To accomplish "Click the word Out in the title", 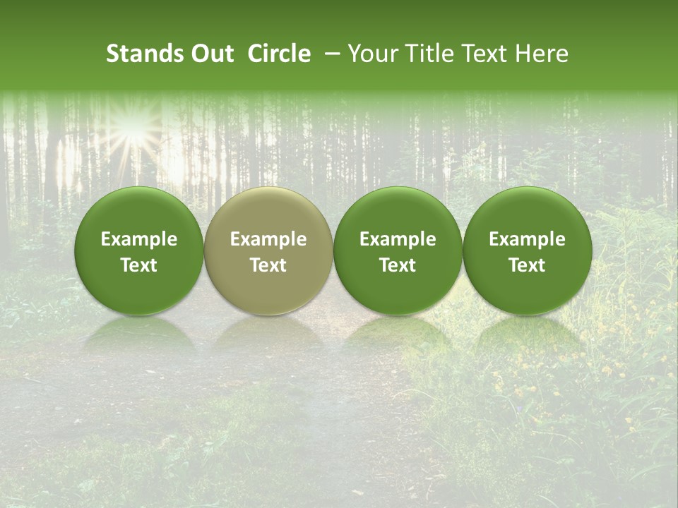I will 210,54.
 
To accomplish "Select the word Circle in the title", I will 279,54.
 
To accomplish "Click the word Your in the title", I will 372,54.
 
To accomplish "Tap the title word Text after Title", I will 481,54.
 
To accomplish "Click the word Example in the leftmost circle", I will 139,239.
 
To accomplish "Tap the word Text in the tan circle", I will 268,265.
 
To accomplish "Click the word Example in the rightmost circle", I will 528,239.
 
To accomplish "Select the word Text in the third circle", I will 398,265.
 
